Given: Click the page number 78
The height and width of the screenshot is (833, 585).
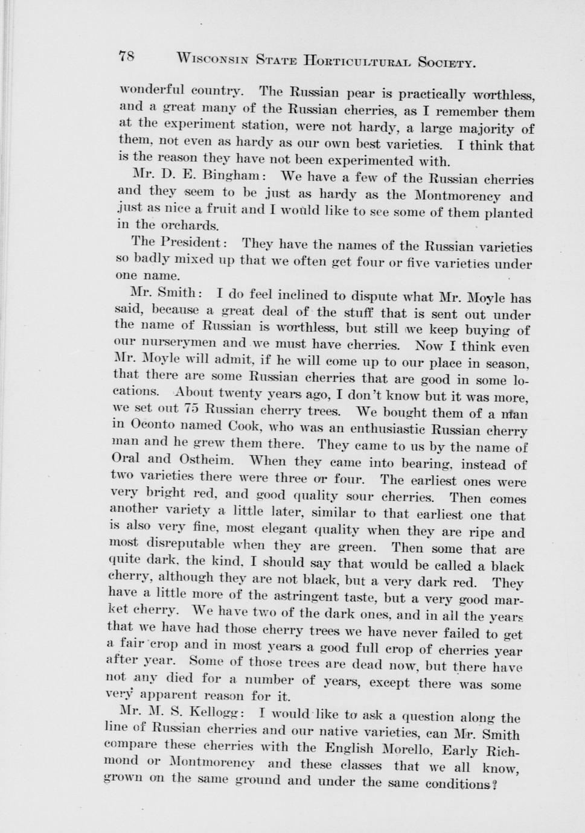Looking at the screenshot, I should [x=126, y=56].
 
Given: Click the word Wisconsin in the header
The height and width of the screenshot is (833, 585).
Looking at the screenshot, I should [x=211, y=59].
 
